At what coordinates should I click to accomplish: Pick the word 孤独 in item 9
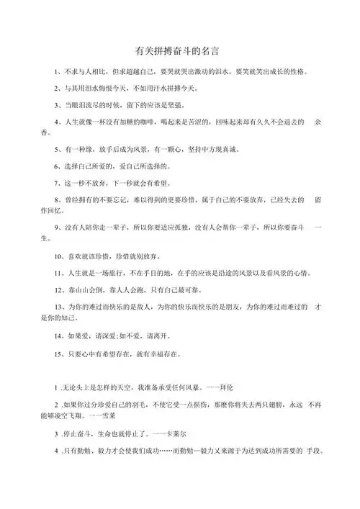click(x=170, y=226)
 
